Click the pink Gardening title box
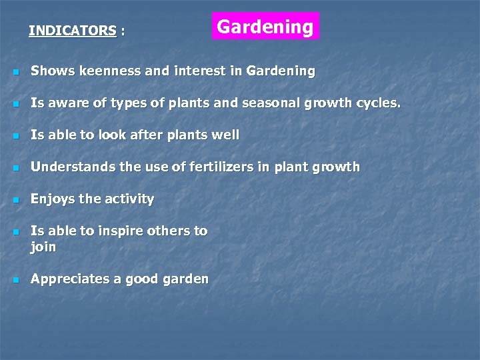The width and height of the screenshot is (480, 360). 265,27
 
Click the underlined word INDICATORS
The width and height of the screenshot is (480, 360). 73,31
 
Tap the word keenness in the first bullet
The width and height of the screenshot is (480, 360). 109,71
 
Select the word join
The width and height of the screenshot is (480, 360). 43,247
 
